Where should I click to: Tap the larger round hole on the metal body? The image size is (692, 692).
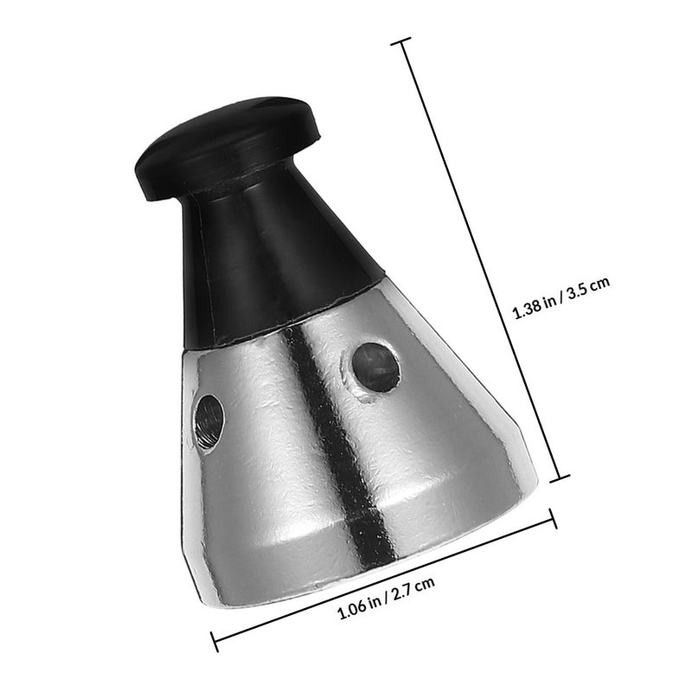point(376,367)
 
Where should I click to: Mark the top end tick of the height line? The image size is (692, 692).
point(401,41)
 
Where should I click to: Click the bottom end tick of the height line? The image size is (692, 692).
point(559,478)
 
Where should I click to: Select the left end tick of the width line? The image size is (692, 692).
point(214,641)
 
